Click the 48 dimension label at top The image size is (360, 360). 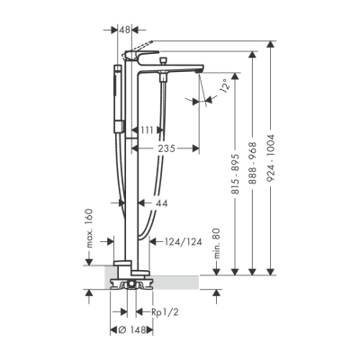(124, 29)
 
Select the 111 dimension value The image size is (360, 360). (148, 132)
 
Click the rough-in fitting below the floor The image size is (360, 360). (131, 287)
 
